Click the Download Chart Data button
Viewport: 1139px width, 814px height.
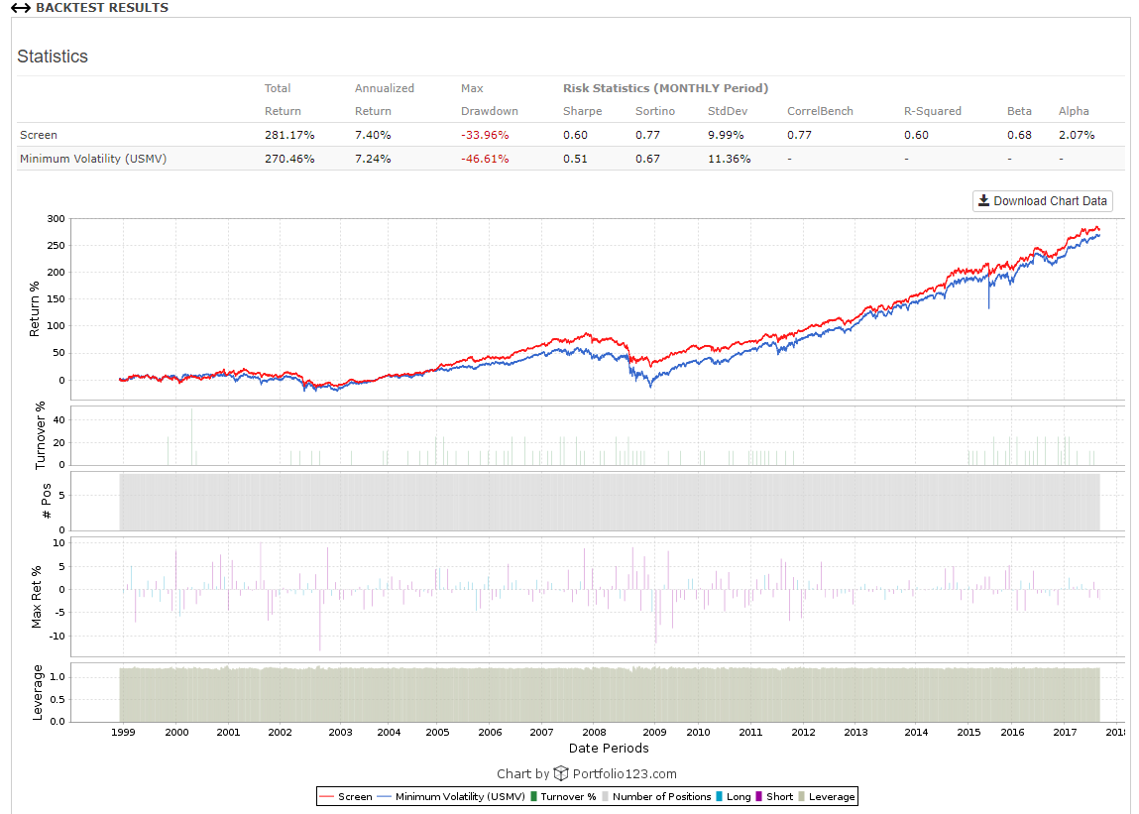tap(1042, 201)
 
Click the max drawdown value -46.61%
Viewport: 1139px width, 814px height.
tap(485, 159)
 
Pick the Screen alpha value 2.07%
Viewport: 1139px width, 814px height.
tap(1077, 135)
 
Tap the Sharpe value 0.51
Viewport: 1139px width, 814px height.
tap(575, 159)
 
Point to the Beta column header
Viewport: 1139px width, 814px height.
tap(1019, 111)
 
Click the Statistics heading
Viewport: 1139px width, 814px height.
tap(53, 57)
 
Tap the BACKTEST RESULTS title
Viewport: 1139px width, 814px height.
tap(101, 8)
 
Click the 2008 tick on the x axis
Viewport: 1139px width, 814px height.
tap(594, 732)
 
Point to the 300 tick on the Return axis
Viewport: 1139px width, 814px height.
tap(57, 218)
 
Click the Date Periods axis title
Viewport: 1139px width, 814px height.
tap(609, 748)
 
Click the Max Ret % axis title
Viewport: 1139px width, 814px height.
tap(38, 597)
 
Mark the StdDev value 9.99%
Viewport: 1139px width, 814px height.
tap(726, 135)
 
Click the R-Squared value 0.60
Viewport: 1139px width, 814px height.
tap(916, 135)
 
